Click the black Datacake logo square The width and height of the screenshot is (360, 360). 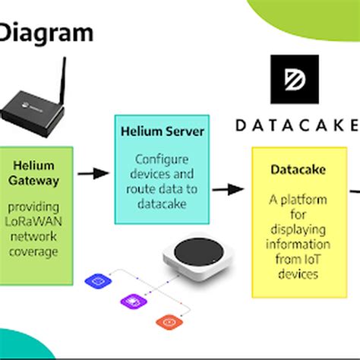point(298,80)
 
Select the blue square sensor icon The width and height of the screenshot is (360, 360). point(99,281)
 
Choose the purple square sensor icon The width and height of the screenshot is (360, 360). point(128,302)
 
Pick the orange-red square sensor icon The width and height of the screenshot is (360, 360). point(166,321)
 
